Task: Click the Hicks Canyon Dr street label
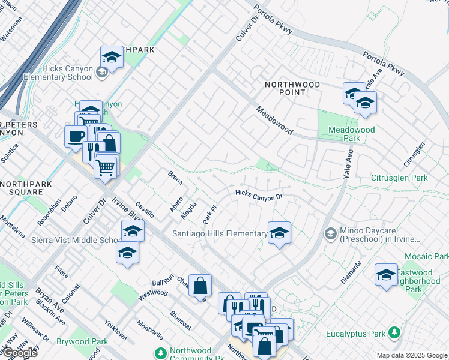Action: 259,194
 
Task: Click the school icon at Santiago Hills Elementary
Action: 279,233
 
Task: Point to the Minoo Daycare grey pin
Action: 330,232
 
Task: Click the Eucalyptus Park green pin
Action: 394,332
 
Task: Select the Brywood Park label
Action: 82,341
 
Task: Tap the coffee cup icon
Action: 75,136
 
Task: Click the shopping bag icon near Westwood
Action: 200,286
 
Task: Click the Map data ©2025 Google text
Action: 411,355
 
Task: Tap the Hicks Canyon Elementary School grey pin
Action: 101,72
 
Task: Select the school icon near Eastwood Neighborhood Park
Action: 385,274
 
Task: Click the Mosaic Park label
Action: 426,256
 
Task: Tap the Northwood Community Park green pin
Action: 160,352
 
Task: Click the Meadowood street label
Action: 274,121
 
